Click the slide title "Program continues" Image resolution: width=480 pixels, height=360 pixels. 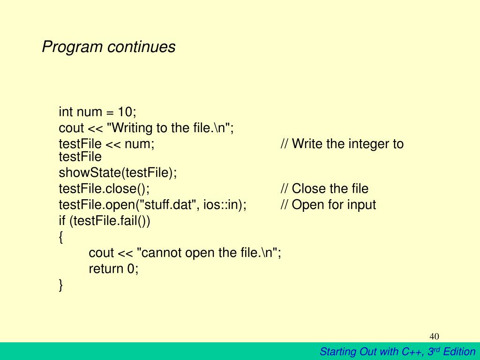click(109, 47)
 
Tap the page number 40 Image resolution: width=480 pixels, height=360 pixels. click(434, 337)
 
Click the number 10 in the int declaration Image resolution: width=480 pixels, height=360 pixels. click(125, 112)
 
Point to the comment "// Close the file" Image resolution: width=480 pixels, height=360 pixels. click(324, 188)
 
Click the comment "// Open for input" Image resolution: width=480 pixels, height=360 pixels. click(328, 205)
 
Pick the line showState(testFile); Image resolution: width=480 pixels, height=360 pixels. click(118, 172)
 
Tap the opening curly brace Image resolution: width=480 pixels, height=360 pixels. click(61, 237)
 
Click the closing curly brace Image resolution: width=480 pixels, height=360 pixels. click(61, 285)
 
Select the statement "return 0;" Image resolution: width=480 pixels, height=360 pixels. click(113, 269)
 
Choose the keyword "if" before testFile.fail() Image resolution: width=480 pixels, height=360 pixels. click(62, 220)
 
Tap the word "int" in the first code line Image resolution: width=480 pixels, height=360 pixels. click(66, 112)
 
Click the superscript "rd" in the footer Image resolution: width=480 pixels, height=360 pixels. click(437, 349)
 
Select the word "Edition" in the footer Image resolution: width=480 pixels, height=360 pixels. click(459, 352)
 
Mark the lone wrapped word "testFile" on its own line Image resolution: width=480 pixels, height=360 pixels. click(80, 157)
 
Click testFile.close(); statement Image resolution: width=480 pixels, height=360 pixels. click(105, 188)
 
